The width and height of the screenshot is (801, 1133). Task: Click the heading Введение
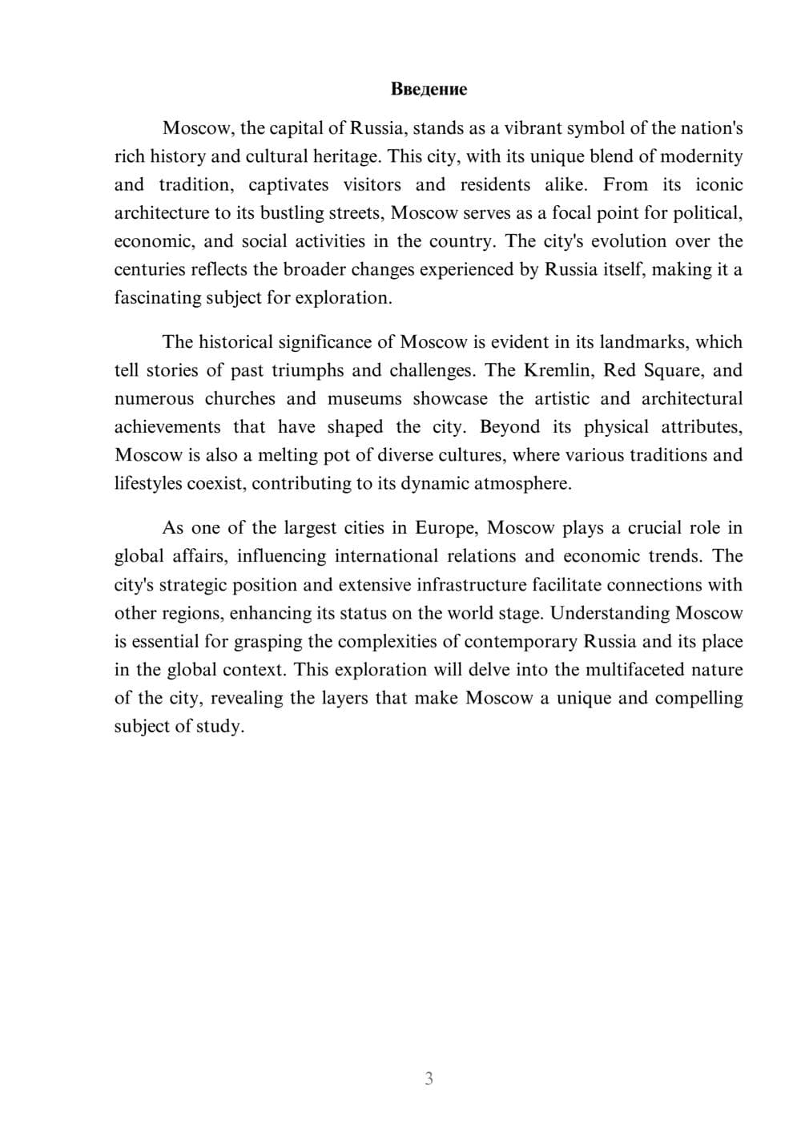tap(429, 89)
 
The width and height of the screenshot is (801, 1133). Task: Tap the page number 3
tap(429, 1079)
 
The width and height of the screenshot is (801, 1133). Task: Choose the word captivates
tap(288, 185)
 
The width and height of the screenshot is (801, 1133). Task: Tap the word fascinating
tap(158, 298)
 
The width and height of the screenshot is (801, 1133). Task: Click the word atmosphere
tap(524, 484)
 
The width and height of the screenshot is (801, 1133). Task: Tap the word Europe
tap(445, 528)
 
